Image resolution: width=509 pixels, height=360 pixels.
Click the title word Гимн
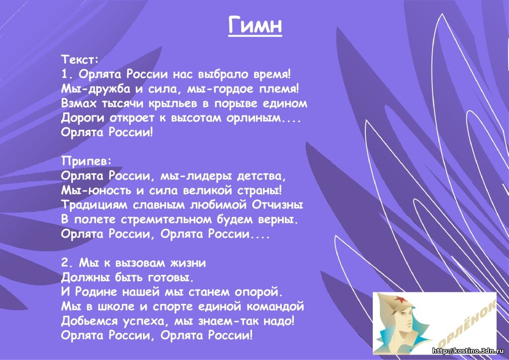click(x=255, y=25)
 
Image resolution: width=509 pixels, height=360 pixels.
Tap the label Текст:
click(x=80, y=59)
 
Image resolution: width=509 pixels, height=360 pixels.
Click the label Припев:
click(x=86, y=161)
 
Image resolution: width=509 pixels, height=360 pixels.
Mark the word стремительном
click(x=166, y=219)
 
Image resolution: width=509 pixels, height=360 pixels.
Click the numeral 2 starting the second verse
click(x=64, y=263)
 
